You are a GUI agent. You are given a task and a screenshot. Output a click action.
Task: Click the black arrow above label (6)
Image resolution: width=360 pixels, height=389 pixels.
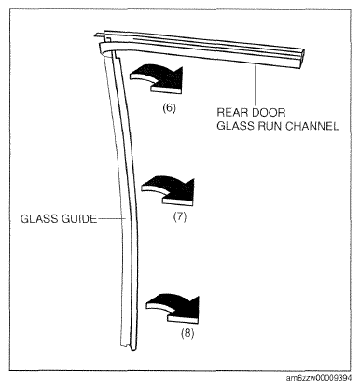pyautogui.click(x=157, y=79)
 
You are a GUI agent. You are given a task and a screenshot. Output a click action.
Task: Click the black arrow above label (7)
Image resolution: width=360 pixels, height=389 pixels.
pyautogui.click(x=168, y=191)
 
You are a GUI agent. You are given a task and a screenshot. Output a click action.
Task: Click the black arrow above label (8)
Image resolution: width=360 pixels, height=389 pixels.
pyautogui.click(x=173, y=309)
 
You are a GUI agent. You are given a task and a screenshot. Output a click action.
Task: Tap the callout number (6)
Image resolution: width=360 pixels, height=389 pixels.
pyautogui.click(x=170, y=108)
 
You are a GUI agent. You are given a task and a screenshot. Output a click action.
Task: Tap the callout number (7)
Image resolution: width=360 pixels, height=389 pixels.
pyautogui.click(x=180, y=217)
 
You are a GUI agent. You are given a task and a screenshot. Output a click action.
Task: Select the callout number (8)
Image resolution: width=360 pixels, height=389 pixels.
pyautogui.click(x=187, y=333)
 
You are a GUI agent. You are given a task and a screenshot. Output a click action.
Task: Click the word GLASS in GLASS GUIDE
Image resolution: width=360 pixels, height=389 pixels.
pyautogui.click(x=39, y=219)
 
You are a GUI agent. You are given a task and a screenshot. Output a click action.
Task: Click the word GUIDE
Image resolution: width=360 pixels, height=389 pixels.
pyautogui.click(x=79, y=219)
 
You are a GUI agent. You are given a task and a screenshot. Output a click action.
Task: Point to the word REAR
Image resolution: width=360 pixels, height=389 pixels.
pyautogui.click(x=231, y=112)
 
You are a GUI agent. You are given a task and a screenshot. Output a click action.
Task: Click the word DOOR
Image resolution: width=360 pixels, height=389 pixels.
pyautogui.click(x=269, y=112)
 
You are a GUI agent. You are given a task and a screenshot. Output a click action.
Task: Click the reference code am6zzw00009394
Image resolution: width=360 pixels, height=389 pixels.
pyautogui.click(x=319, y=378)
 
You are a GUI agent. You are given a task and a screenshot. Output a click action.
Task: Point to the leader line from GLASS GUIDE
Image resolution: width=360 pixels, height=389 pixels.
pyautogui.click(x=112, y=219)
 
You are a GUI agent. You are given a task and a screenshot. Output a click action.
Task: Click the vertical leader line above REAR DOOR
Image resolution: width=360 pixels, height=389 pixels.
pyautogui.click(x=256, y=84)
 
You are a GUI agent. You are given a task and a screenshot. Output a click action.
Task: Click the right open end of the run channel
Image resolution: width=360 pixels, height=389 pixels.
pyautogui.click(x=299, y=58)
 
